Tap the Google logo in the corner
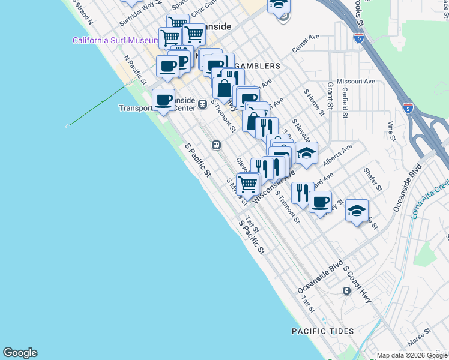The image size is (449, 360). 20,353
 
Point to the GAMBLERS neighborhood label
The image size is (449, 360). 258,65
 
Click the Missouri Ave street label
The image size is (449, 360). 355,81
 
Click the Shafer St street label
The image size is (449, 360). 372,179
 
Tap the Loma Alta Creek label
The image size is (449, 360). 430,201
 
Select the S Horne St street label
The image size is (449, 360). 314,102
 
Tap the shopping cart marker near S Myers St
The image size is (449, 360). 247,184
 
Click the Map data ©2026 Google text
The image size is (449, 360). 412,355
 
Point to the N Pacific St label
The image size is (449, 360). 136,70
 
